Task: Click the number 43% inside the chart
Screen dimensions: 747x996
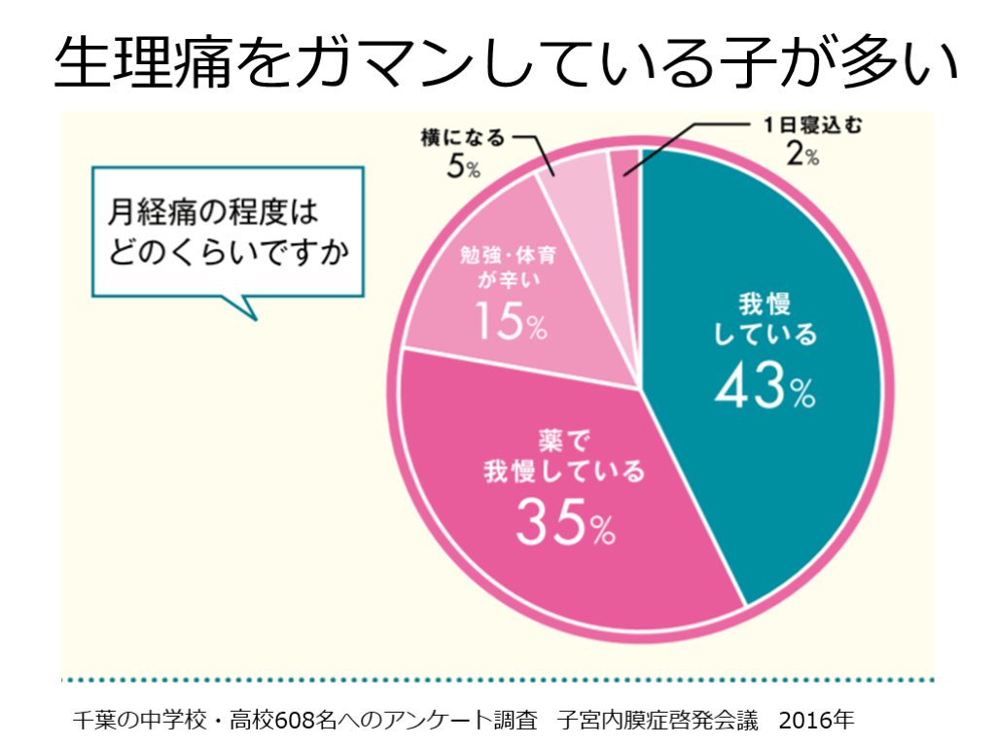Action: pos(765,389)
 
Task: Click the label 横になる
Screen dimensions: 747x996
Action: pos(464,138)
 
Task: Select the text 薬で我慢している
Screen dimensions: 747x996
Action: pos(564,456)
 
